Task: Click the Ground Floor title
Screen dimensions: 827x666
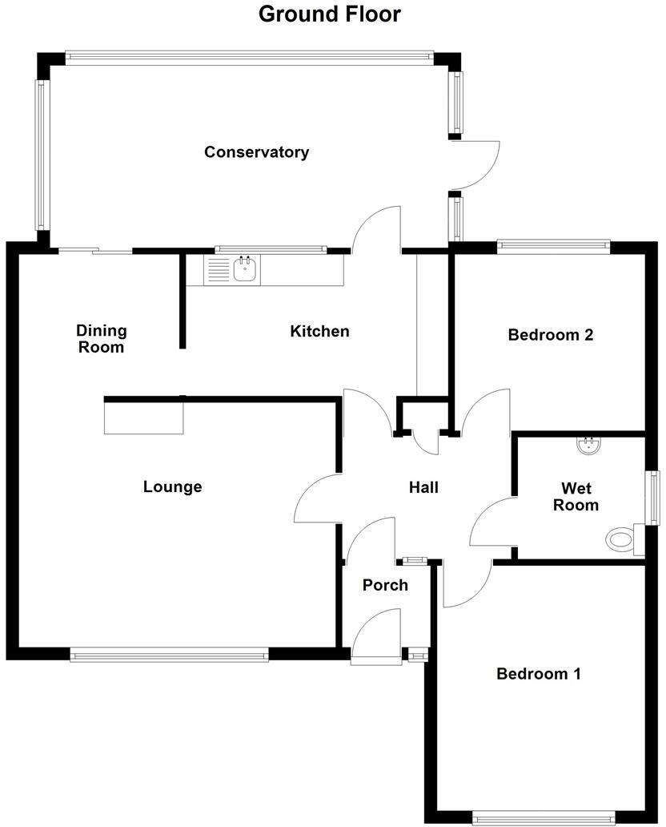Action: coord(329,14)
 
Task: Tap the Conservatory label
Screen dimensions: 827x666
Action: coord(256,152)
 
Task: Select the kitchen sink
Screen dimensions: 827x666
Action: coord(245,270)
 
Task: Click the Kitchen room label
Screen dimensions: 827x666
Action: coord(319,331)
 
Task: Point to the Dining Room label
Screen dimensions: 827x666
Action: coord(101,339)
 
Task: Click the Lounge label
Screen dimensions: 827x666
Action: coord(172,486)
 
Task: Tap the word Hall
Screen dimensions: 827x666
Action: coord(423,486)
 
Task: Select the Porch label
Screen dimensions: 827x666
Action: coord(385,585)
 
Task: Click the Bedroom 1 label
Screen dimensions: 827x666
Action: coord(538,674)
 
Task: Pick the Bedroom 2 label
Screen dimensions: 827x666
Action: coord(551,335)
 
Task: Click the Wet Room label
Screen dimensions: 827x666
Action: coord(580,497)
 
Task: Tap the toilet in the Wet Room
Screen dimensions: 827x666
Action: coord(622,539)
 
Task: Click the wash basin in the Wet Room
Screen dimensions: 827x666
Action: coord(589,446)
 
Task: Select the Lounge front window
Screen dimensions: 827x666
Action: coord(169,655)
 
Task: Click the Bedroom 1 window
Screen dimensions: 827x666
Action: coord(544,817)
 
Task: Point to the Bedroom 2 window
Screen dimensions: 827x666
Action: coord(553,246)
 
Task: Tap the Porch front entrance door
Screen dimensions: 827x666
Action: coord(377,637)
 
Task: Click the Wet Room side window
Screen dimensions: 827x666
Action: coord(654,497)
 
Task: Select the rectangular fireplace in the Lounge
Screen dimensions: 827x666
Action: coord(144,418)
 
